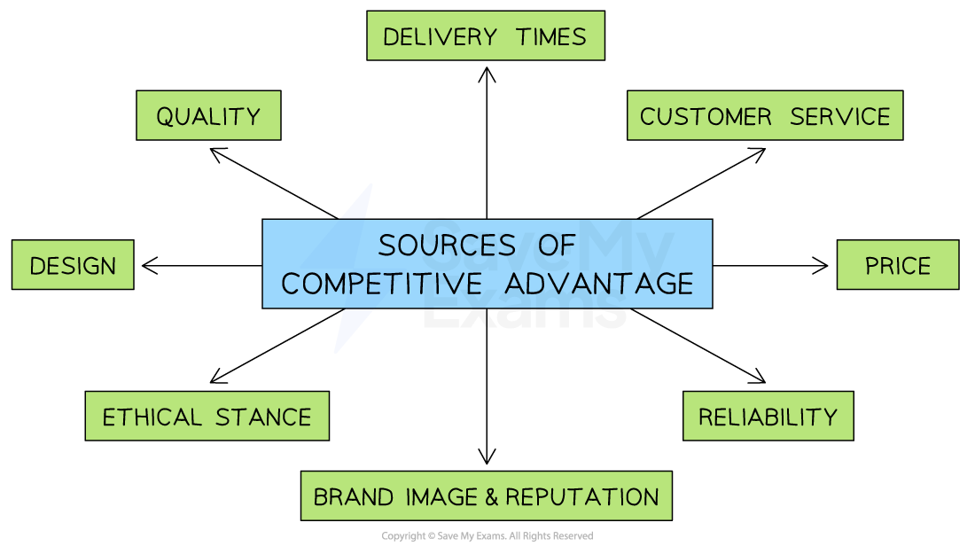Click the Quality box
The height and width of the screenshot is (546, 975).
pos(208,116)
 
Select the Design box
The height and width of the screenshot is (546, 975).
pos(73,265)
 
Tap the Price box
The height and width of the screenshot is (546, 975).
pos(898,265)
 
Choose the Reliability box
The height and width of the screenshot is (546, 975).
pos(768,417)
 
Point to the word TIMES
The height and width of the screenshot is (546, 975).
pos(554,36)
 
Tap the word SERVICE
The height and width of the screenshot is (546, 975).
pos(840,116)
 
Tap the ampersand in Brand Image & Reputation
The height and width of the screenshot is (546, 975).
pos(492,496)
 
